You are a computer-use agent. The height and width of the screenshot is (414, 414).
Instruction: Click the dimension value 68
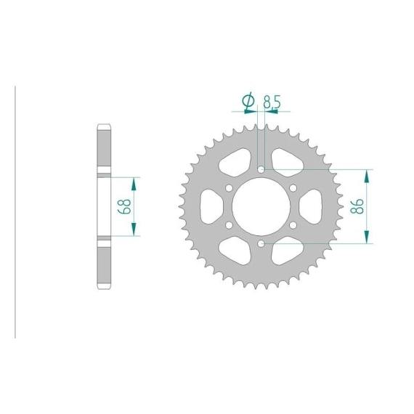(x=126, y=206)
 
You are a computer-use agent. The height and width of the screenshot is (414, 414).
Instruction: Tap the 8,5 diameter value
(x=272, y=102)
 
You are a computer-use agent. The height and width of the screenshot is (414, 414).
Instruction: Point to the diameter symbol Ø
(x=248, y=101)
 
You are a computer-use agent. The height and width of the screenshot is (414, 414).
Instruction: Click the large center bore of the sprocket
(x=261, y=206)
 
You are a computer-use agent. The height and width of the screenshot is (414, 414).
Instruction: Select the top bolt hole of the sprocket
(x=261, y=169)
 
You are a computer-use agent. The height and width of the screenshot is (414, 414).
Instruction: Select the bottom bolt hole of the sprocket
(x=261, y=243)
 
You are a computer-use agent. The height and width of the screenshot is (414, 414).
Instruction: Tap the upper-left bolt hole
(x=229, y=188)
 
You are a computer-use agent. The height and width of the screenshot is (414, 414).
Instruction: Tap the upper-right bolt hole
(x=293, y=188)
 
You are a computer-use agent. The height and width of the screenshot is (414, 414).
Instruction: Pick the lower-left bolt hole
(x=229, y=225)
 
